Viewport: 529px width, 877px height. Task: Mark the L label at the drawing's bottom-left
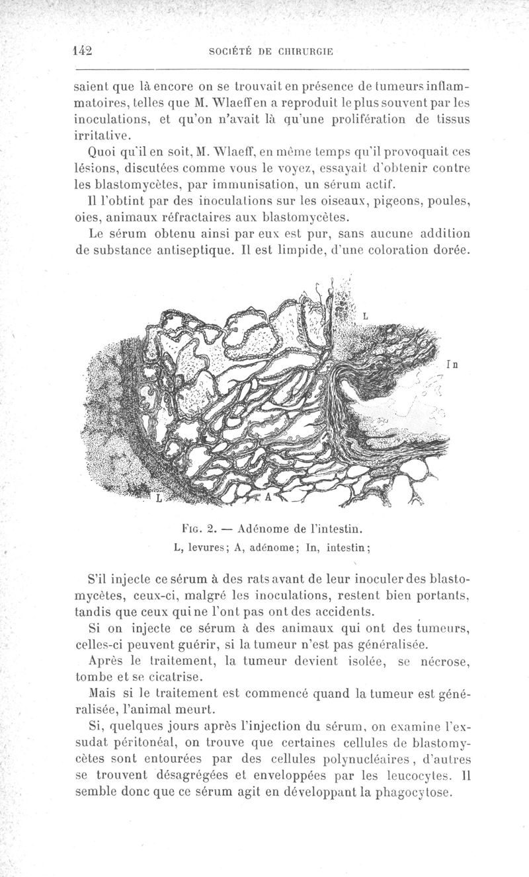point(159,498)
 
